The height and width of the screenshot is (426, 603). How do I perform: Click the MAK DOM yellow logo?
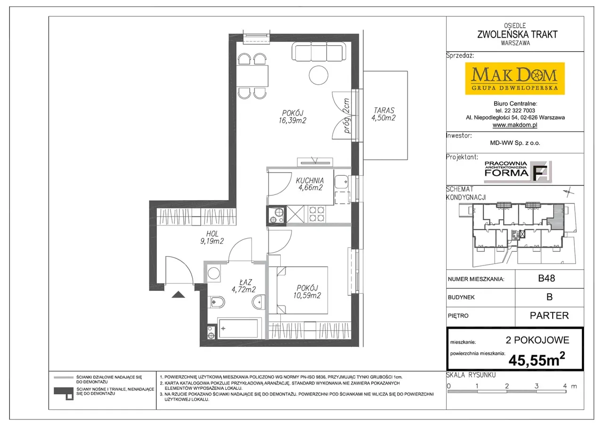click(x=515, y=79)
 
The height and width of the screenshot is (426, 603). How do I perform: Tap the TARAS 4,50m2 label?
click(x=383, y=114)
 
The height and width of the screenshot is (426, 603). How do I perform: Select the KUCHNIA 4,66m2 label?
click(x=310, y=184)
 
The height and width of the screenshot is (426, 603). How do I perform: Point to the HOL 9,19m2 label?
click(x=212, y=237)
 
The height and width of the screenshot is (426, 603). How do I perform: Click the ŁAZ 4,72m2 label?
click(x=244, y=286)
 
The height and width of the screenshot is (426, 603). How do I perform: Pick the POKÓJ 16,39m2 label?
click(x=293, y=117)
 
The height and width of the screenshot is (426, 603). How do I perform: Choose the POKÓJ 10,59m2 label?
click(x=307, y=292)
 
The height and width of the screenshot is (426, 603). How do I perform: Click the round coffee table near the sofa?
click(x=318, y=75)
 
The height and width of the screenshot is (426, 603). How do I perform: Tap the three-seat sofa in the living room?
click(x=319, y=51)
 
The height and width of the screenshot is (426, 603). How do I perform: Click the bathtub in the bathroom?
click(x=238, y=328)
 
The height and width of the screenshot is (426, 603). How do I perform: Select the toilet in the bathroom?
click(x=216, y=302)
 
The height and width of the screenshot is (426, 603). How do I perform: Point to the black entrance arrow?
click(x=178, y=295)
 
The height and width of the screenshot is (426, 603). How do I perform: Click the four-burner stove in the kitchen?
click(x=317, y=214)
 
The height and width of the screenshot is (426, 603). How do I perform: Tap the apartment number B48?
click(x=546, y=278)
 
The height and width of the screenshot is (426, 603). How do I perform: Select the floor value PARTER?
click(x=549, y=315)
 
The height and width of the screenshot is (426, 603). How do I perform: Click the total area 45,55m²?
click(x=537, y=360)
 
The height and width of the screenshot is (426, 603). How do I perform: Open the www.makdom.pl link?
click(x=515, y=125)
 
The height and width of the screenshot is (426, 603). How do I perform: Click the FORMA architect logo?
click(x=518, y=172)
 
